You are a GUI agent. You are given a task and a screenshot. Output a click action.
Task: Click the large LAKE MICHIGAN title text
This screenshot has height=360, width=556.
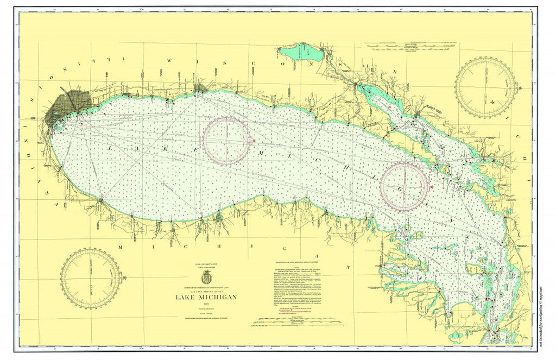click(x=206, y=297)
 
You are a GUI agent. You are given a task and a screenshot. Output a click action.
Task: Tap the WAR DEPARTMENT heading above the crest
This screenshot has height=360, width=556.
click(x=205, y=263)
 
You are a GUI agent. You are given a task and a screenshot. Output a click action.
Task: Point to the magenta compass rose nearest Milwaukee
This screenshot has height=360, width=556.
click(x=227, y=141)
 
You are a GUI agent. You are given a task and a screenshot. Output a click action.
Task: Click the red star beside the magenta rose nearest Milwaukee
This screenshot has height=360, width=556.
click(x=254, y=141)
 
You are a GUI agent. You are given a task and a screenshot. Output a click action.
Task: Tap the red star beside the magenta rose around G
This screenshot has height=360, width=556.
click(x=432, y=187)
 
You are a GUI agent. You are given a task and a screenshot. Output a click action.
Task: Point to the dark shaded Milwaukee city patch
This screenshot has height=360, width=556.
click(x=200, y=88)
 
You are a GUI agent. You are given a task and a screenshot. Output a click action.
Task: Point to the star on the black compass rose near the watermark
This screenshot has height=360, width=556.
click(x=520, y=87)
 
